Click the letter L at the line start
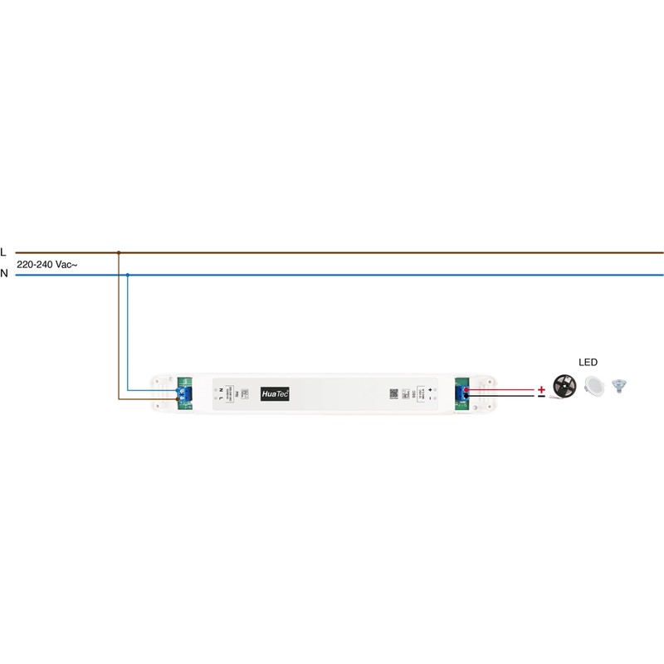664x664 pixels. (x=4, y=251)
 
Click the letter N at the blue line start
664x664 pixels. (x=4, y=273)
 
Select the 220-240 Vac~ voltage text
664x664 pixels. (x=47, y=263)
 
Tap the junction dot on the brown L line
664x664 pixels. (x=120, y=252)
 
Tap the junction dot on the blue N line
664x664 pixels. (x=127, y=274)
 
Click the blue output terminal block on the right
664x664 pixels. (x=461, y=393)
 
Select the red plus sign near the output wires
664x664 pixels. (x=541, y=388)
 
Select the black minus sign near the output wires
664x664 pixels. (x=541, y=398)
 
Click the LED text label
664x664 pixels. (x=588, y=363)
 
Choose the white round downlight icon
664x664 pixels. (x=593, y=386)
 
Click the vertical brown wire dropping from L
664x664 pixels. (x=120, y=332)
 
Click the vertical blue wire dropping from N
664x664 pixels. (x=127, y=332)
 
